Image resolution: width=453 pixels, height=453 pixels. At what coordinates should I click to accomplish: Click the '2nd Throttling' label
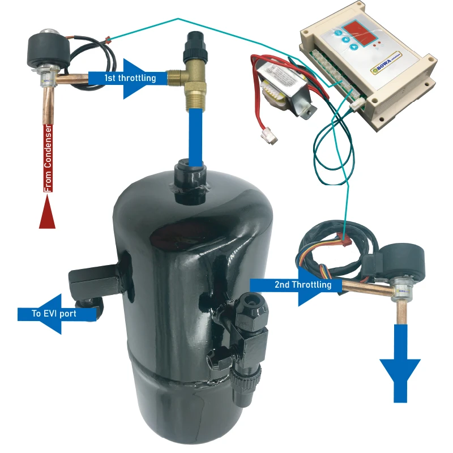tap(303, 284)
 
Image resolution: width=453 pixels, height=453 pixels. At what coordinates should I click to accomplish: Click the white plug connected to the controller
tap(357, 102)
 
